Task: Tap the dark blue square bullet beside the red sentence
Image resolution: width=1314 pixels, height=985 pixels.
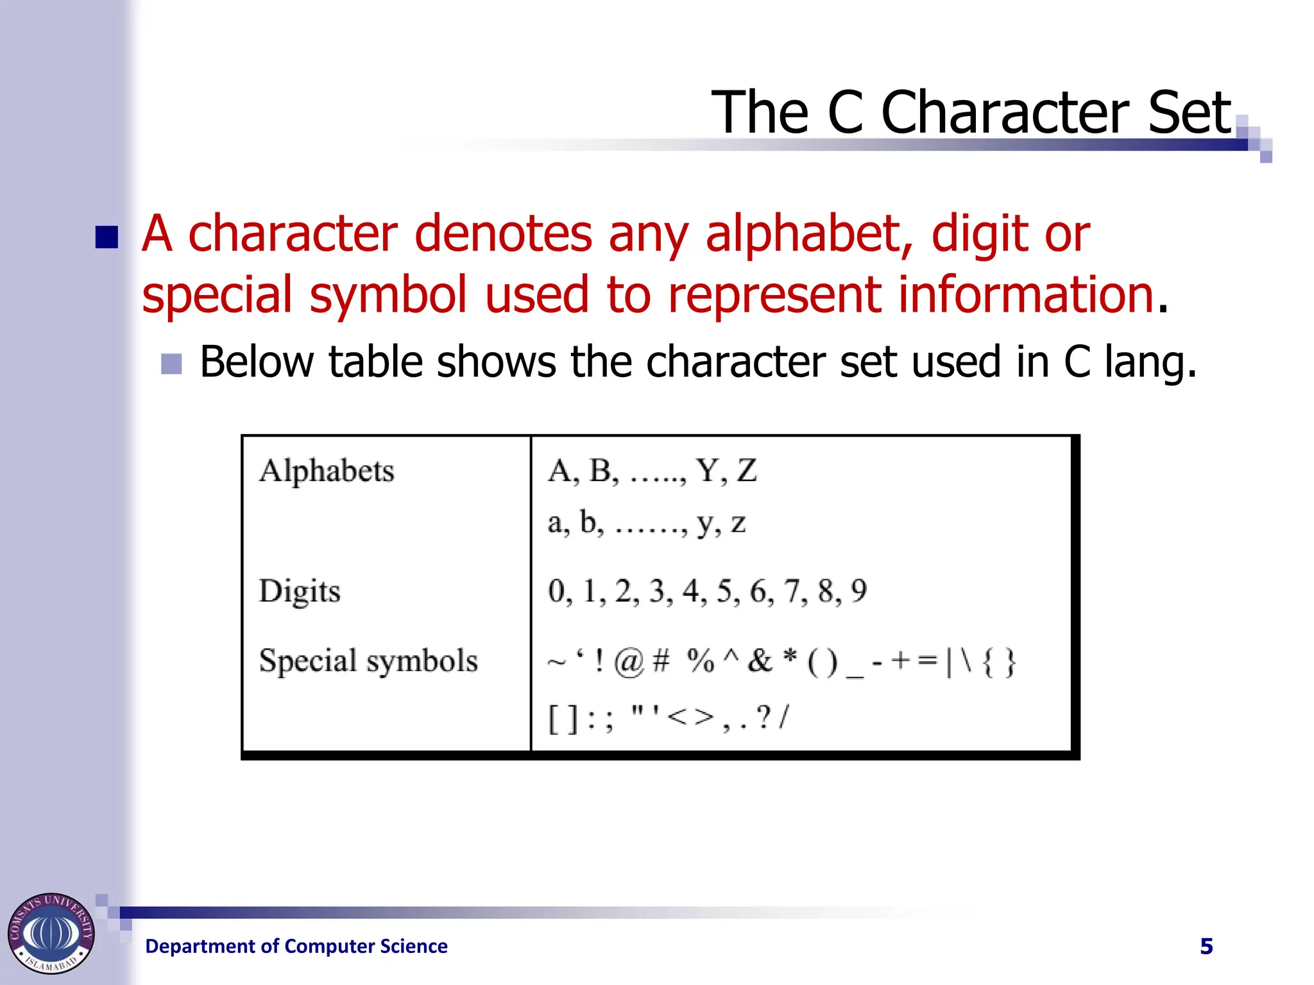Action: tap(107, 237)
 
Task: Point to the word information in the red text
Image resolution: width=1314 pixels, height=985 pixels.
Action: tap(1026, 294)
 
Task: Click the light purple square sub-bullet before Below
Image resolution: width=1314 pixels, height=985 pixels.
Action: tap(171, 364)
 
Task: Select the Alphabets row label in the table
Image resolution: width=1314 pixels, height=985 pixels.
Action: tap(327, 471)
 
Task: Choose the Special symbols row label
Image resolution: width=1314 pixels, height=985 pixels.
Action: tap(368, 661)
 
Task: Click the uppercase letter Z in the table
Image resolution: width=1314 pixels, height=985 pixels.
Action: tap(746, 471)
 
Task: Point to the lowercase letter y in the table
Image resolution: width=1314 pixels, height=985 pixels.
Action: tap(706, 525)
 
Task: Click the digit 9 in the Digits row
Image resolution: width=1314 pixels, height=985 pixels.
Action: tap(858, 591)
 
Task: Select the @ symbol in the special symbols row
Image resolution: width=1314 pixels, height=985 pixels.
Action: tap(628, 661)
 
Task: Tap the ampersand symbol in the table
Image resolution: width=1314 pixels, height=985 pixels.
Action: tap(760, 661)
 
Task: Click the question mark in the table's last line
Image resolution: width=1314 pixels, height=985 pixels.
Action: tap(763, 718)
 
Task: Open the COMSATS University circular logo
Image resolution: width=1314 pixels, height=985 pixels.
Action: tap(51, 933)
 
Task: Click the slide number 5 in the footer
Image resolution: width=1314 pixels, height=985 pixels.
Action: tap(1206, 947)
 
